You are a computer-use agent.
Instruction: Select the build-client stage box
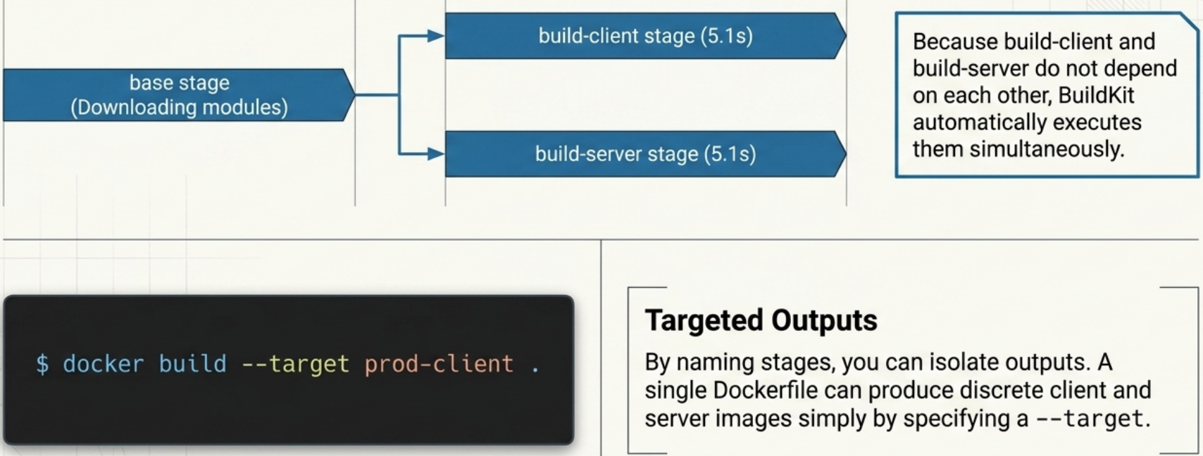click(645, 36)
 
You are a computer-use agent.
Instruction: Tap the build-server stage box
click(645, 153)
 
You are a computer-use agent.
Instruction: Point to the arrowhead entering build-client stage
click(436, 36)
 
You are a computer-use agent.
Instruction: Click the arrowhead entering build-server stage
click(436, 153)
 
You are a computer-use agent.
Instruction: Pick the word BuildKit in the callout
click(1096, 95)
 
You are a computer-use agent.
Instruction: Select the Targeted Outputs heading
click(761, 320)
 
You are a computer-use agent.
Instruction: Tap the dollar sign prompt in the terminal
click(42, 364)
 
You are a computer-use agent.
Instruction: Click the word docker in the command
click(103, 364)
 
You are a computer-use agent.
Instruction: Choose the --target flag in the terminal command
click(295, 364)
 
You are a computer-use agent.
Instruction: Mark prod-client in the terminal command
click(439, 364)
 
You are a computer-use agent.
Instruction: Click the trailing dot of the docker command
click(535, 366)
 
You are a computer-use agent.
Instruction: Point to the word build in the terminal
click(192, 364)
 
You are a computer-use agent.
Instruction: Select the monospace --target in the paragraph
click(1089, 419)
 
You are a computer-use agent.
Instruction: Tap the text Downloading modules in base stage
click(179, 107)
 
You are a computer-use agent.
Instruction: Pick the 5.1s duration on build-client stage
click(726, 36)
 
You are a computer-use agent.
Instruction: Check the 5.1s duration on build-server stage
click(730, 153)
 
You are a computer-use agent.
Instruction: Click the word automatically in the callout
click(975, 122)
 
